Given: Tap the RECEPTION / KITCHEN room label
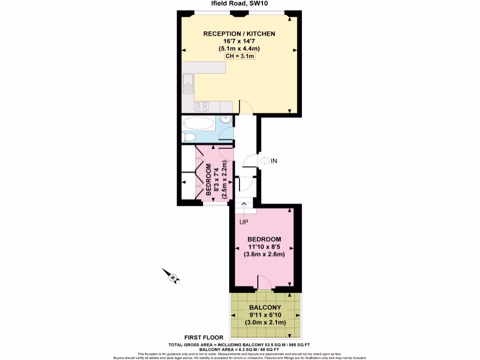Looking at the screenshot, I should (x=239, y=34).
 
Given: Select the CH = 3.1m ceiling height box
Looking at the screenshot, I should (x=239, y=56).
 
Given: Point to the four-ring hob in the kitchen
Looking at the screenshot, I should (x=202, y=106).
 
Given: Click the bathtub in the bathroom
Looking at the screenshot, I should (x=198, y=124).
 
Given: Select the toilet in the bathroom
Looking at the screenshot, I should (x=189, y=137).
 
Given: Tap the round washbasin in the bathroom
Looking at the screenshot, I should (x=225, y=120).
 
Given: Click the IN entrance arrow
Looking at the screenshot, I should (x=268, y=161).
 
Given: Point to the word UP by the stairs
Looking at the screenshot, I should (x=244, y=222).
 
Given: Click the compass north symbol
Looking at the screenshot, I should (x=173, y=277).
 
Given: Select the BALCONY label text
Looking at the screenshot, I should (x=265, y=307).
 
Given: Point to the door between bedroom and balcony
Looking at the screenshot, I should (x=265, y=283).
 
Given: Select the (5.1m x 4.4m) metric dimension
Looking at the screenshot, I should (x=239, y=49).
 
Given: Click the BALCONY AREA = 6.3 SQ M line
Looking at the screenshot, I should (x=239, y=350).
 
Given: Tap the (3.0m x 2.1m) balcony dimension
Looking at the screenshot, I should (x=265, y=322).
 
